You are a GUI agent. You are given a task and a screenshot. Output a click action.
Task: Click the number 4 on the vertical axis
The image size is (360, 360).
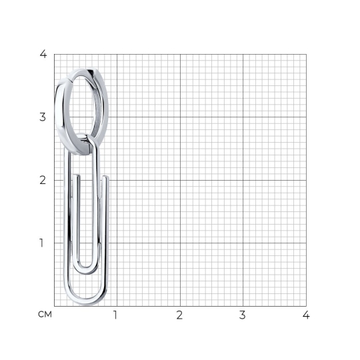43,54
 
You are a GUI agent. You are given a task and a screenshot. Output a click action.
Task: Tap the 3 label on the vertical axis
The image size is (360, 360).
43,117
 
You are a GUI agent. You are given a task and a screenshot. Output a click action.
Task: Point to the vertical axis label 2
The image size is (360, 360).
43,180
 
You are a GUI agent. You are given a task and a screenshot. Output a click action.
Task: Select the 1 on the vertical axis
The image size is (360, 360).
41,243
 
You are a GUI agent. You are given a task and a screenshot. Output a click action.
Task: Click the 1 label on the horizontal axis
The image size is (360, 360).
115,315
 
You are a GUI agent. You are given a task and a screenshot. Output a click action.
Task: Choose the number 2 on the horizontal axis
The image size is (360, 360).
179,315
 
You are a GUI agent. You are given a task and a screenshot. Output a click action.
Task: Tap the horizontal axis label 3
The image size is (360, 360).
243,315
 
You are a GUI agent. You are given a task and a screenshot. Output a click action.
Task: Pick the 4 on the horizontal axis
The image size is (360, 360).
306,315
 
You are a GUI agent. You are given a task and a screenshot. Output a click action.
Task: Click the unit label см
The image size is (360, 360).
45,314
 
